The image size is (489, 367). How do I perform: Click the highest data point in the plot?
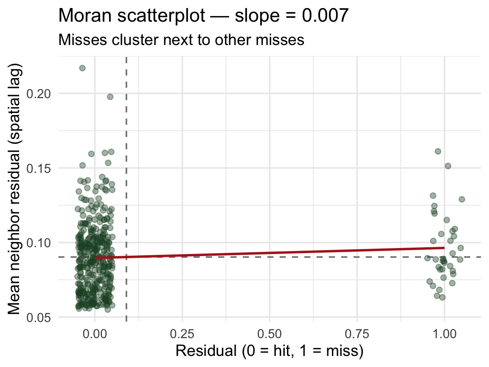[x=82, y=68]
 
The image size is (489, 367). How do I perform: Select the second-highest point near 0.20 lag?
[x=110, y=97]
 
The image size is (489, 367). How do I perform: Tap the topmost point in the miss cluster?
[x=438, y=151]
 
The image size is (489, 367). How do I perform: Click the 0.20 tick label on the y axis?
[x=42, y=93]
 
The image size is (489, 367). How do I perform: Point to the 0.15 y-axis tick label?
[x=42, y=168]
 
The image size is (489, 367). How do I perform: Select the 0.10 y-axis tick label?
[x=42, y=243]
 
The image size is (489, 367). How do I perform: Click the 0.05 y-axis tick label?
[x=42, y=317]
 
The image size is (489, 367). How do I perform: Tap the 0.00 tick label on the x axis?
[x=95, y=334]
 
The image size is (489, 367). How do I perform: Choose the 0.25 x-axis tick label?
[x=182, y=334]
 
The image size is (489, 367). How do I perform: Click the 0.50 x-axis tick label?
[x=270, y=334]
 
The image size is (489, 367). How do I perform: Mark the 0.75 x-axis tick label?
[x=357, y=334]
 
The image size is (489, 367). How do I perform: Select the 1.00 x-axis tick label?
[x=444, y=334]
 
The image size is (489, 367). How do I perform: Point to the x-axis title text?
[x=269, y=351]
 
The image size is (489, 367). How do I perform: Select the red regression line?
[x=270, y=253]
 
